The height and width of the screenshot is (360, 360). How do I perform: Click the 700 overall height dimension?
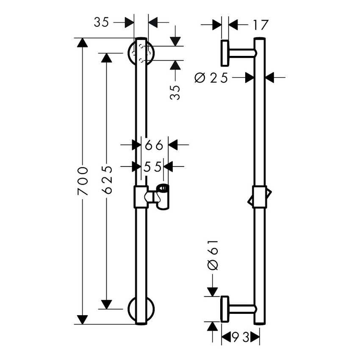point(83,181)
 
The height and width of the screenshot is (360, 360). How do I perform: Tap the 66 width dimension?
point(154,145)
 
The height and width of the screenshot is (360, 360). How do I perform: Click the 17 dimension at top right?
point(261,25)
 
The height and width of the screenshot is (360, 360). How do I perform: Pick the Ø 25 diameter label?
point(212,78)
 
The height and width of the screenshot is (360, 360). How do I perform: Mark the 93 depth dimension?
point(241,338)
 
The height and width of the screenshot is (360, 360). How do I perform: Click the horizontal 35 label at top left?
point(102,22)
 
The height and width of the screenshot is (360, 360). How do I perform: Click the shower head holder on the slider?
point(161,197)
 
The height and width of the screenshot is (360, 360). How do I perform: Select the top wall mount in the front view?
point(141,53)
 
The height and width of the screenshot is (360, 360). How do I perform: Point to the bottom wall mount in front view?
point(141,310)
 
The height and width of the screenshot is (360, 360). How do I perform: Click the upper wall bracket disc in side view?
point(224,53)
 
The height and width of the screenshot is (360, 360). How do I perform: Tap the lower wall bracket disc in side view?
point(224,310)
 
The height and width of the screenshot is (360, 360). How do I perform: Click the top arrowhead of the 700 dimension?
point(83,43)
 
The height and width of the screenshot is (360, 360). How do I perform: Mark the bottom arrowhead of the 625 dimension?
point(107,304)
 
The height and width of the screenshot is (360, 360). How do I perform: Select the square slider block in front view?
point(141,197)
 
